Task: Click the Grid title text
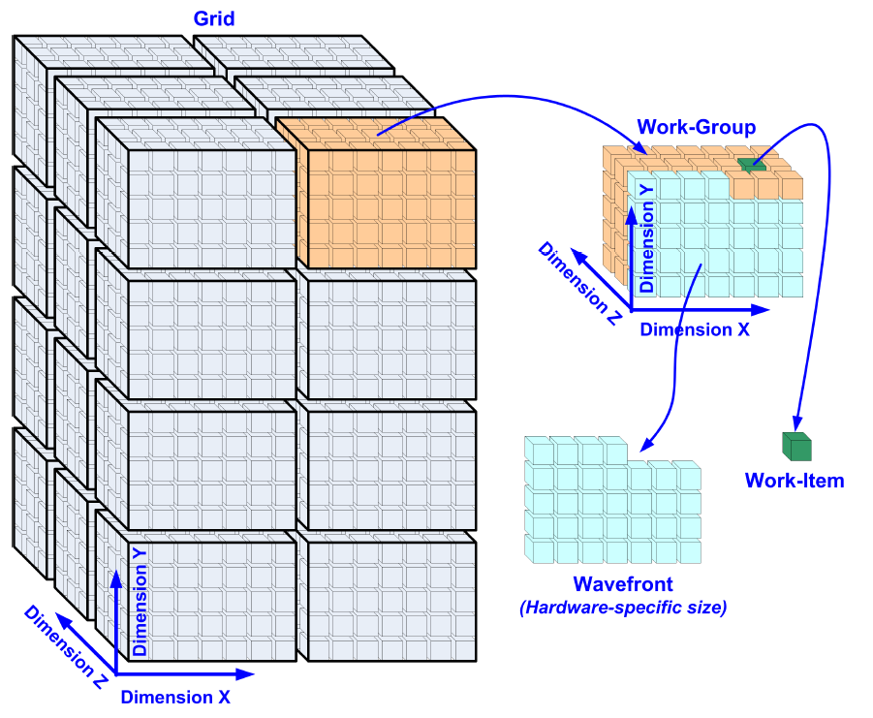pyautogui.click(x=214, y=18)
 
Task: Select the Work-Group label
pyautogui.click(x=696, y=127)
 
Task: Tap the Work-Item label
pyautogui.click(x=795, y=480)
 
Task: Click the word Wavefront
pyautogui.click(x=622, y=584)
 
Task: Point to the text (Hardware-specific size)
pyautogui.click(x=623, y=608)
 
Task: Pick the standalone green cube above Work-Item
pyautogui.click(x=796, y=447)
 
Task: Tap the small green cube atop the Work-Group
pyautogui.click(x=751, y=165)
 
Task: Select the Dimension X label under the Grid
pyautogui.click(x=175, y=696)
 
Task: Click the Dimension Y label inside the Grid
pyautogui.click(x=140, y=601)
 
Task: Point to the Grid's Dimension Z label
pyautogui.click(x=66, y=646)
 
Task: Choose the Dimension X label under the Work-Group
pyautogui.click(x=695, y=329)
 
